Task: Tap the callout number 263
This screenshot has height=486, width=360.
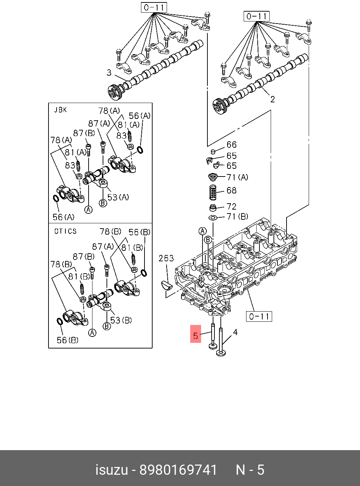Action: (166, 258)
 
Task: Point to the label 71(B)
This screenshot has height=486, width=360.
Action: (237, 217)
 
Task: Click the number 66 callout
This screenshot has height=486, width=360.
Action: (231, 145)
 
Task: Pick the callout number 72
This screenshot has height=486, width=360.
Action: (231, 206)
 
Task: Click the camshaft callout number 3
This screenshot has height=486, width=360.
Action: (109, 73)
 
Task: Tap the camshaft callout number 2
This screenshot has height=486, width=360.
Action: (272, 100)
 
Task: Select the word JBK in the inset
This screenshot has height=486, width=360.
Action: (60, 110)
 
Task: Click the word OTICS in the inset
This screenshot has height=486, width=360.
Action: (65, 231)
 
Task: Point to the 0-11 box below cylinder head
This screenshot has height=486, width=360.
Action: (259, 316)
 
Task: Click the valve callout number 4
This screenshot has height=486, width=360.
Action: (235, 332)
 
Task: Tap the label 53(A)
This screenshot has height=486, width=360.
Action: (118, 197)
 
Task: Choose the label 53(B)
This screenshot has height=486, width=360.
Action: (121, 320)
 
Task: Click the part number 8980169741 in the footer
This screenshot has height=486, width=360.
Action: (179, 470)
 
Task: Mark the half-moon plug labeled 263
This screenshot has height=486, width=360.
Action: (166, 284)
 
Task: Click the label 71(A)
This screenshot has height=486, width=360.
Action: (237, 177)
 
